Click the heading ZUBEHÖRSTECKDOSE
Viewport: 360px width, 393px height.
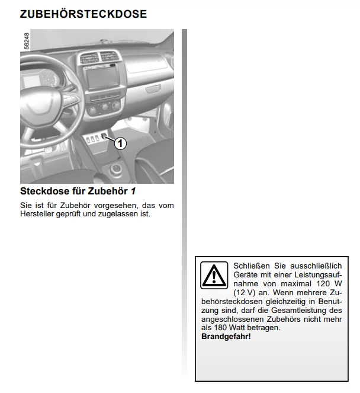pos(83,14)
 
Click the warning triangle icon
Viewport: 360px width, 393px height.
pos(213,275)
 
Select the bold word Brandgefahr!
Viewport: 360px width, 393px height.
pos(226,336)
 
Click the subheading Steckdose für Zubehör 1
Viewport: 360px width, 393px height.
pos(78,191)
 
